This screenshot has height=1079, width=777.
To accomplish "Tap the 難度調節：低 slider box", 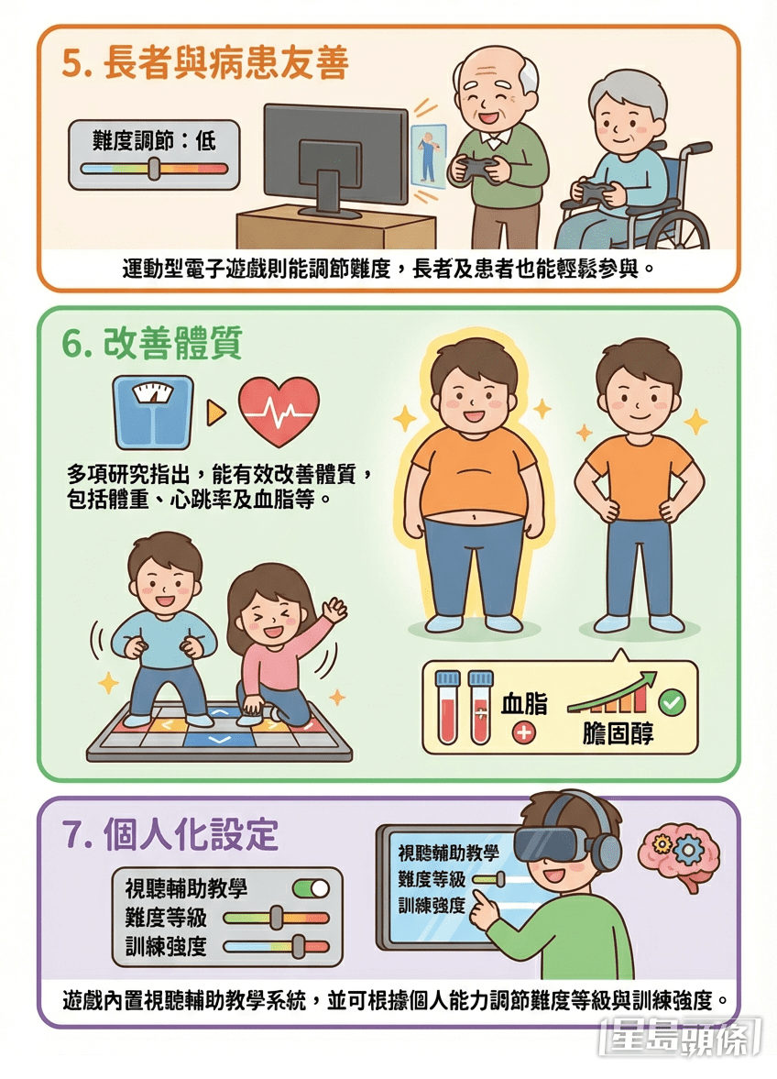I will pyautogui.click(x=154, y=154).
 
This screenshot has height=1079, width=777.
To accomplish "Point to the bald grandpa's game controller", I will pyautogui.click(x=473, y=169).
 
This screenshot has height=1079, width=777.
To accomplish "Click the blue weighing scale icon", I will pyautogui.click(x=154, y=411).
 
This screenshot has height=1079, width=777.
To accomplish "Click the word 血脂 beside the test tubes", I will pyautogui.click(x=524, y=704).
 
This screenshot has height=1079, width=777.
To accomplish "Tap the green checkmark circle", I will pyautogui.click(x=673, y=704).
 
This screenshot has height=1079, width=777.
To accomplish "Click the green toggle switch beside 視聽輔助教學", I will pyautogui.click(x=310, y=888).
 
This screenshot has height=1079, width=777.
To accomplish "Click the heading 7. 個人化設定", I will pyautogui.click(x=170, y=836).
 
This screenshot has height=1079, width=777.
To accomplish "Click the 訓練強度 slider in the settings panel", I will pyautogui.click(x=275, y=947).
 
